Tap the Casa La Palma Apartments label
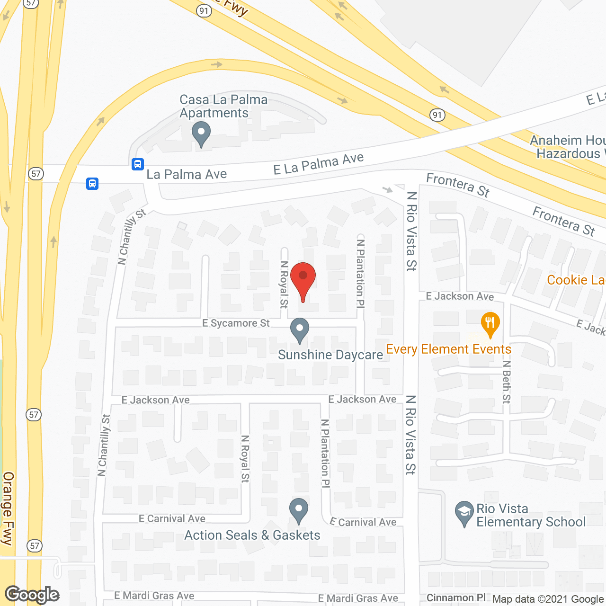pyautogui.click(x=223, y=107)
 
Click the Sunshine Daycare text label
pyautogui.click(x=330, y=355)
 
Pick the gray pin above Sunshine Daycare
pyautogui.click(x=299, y=330)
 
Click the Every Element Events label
pyautogui.click(x=448, y=349)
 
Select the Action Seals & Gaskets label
pyautogui.click(x=252, y=535)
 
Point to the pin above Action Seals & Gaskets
pyautogui.click(x=298, y=511)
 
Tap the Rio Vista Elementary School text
pyautogui.click(x=531, y=516)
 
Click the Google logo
pyautogui.click(x=32, y=594)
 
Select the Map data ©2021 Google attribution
pyautogui.click(x=548, y=599)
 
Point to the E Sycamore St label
pyautogui.click(x=236, y=323)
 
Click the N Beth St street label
pyautogui.click(x=507, y=382)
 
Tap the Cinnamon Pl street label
pyautogui.click(x=456, y=598)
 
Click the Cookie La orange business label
pyautogui.click(x=576, y=280)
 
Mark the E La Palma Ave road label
pyautogui.click(x=319, y=164)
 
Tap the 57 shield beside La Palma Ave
pyautogui.click(x=36, y=174)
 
